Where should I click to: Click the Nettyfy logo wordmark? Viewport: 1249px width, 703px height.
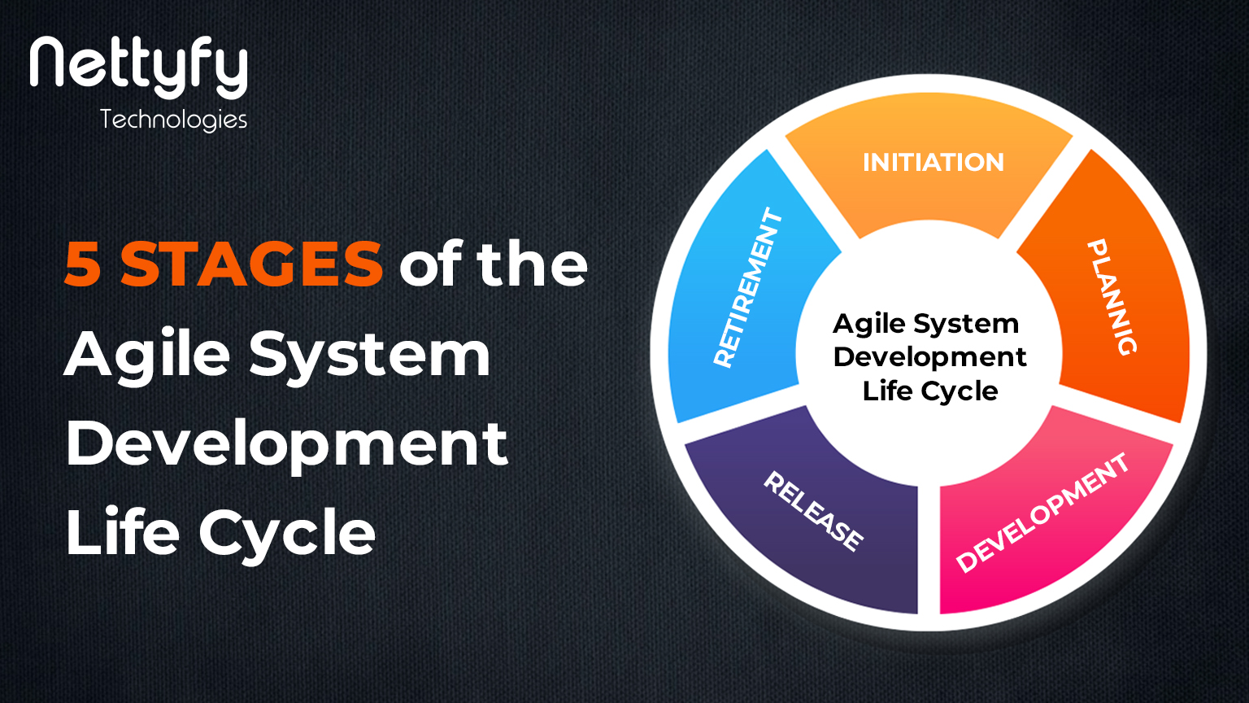(138, 67)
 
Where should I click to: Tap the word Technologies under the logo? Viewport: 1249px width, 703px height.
(173, 120)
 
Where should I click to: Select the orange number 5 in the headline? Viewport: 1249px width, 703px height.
(83, 264)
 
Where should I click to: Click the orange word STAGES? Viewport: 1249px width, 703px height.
(251, 264)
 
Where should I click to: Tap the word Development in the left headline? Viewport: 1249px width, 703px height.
(286, 444)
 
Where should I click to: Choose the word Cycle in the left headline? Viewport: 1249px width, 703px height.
(286, 535)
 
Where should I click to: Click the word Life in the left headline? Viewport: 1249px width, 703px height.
(122, 533)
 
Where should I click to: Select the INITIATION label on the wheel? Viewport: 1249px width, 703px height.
(933, 162)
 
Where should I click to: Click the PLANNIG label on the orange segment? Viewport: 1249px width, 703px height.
(1112, 297)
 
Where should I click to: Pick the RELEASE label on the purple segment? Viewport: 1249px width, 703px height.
(813, 512)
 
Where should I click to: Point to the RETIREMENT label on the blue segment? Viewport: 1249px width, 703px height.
(748, 287)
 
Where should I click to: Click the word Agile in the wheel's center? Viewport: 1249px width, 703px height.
(869, 325)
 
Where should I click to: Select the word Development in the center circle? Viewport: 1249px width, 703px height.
(929, 357)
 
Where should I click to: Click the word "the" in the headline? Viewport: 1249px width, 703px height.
(532, 264)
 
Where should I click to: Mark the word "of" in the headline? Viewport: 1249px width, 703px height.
(430, 264)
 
